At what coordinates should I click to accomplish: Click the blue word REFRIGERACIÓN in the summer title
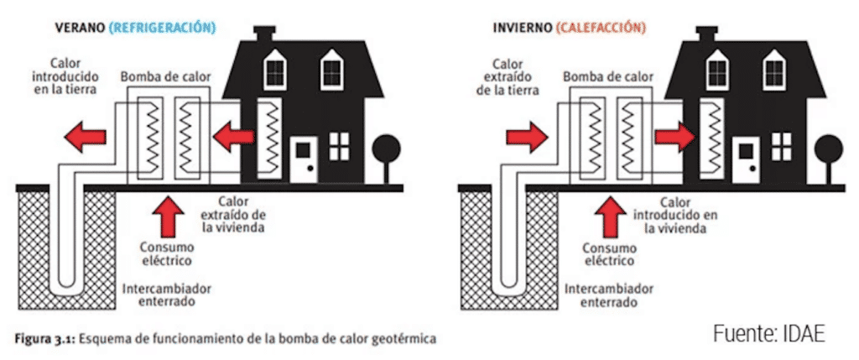[x=162, y=27]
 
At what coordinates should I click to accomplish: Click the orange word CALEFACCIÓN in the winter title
[x=601, y=27]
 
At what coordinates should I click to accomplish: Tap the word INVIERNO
[x=522, y=27]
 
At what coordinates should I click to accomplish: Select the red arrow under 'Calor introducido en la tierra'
[x=86, y=135]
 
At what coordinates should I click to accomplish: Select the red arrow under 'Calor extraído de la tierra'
[x=523, y=135]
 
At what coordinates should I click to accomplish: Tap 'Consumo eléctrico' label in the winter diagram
[x=611, y=254]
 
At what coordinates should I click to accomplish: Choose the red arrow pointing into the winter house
[x=674, y=135]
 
